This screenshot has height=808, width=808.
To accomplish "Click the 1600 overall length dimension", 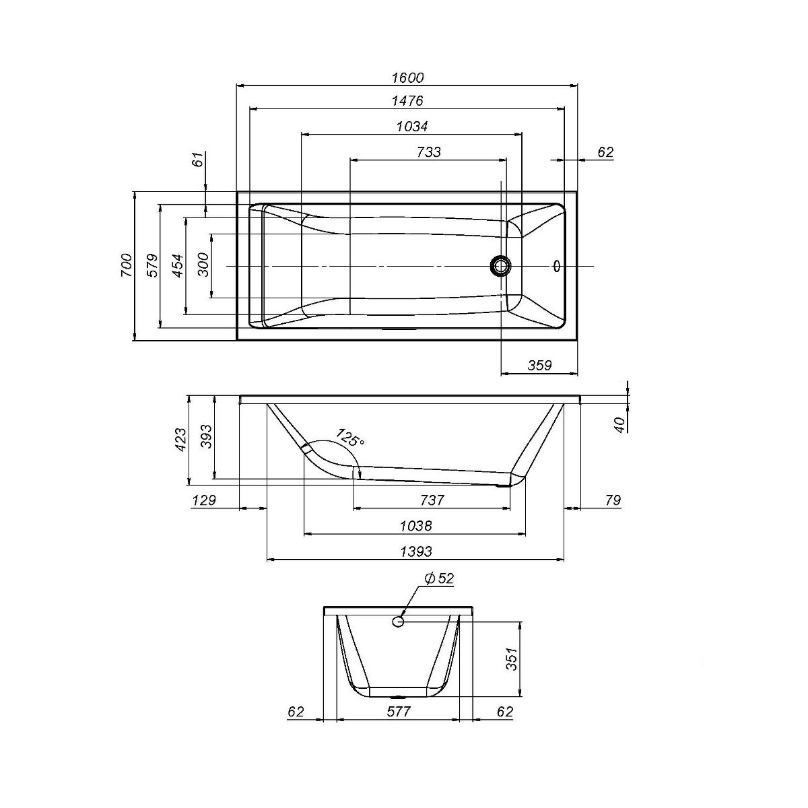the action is tap(407, 77).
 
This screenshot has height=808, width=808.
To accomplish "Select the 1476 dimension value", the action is tap(407, 100).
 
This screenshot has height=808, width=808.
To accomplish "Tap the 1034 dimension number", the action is tap(412, 126).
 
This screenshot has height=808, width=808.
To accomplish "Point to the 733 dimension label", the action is tap(429, 151).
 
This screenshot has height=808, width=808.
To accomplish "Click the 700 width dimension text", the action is tap(127, 265).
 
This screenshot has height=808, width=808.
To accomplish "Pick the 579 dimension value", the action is tap(153, 265).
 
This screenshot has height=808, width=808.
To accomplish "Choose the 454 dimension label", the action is tap(178, 265).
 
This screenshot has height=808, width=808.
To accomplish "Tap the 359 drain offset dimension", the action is tap(539, 365).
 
